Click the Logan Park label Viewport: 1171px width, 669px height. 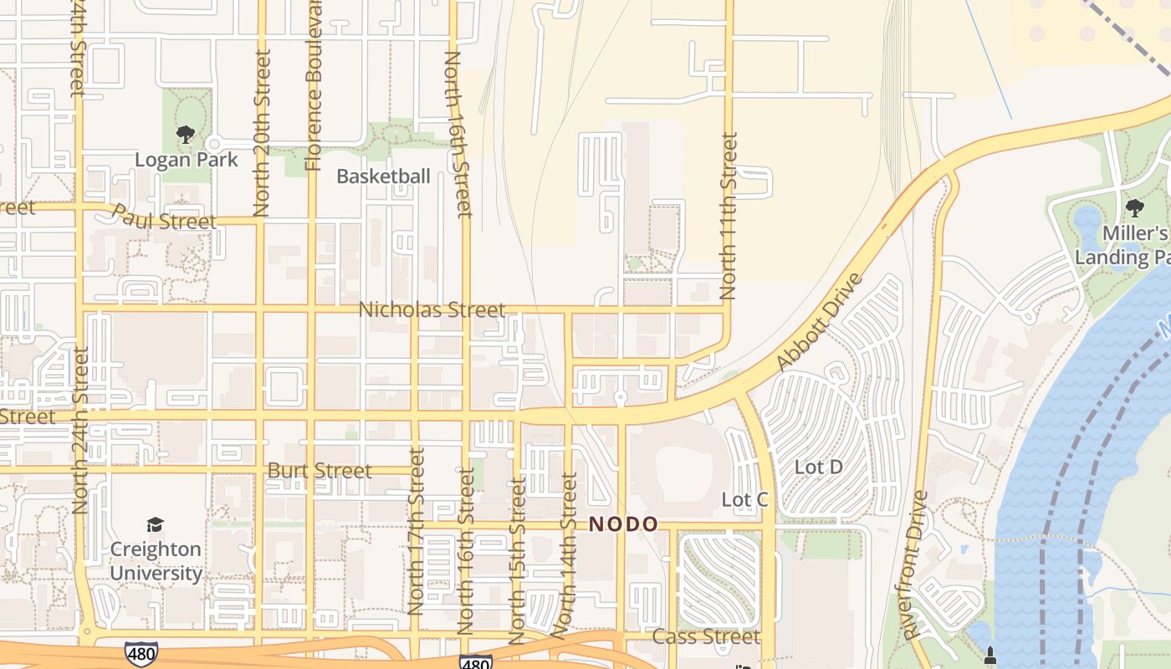pos(187,160)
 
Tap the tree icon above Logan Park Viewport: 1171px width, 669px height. pos(186,134)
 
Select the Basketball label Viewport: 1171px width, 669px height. pos(383,176)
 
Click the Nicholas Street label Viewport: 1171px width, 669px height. pos(432,310)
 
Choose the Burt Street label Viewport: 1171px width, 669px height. pos(320,471)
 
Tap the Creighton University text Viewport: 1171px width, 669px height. pos(156,561)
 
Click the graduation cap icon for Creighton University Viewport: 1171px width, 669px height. pos(156,524)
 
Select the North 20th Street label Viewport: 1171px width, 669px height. pos(262,134)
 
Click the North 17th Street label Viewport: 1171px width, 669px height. pos(416,531)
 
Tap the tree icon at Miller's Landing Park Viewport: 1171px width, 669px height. pos(1134,207)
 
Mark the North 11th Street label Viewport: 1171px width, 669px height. pos(729,216)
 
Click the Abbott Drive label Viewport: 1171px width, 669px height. pos(819,322)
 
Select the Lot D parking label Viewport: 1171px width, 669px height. pos(818,467)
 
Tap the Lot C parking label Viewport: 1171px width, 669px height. pos(744,500)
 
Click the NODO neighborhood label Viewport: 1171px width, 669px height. pos(623,524)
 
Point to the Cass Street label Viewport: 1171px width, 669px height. pos(706,637)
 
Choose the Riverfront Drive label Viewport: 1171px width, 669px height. pos(917,566)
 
